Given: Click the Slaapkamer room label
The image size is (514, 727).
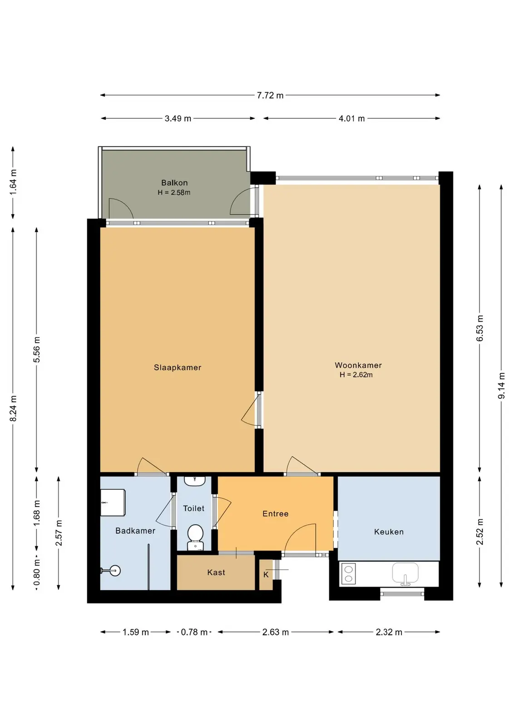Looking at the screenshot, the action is (178, 368).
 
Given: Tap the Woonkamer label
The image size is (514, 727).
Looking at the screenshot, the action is (358, 365).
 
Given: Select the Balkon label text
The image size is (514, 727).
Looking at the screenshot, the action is (174, 183).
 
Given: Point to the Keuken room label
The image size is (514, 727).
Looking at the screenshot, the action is (389, 532).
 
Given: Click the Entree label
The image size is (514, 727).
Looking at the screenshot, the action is (275, 513).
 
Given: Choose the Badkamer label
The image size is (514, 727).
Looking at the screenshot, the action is (135, 531).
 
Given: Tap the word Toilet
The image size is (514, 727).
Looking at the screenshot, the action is (193, 508).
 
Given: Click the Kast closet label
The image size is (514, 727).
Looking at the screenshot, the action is (216, 572).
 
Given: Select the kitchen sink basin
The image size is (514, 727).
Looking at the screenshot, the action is (405, 573).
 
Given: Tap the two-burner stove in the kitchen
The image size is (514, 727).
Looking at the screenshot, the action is (349, 574).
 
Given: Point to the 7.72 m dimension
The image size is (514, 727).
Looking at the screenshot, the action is (270, 95).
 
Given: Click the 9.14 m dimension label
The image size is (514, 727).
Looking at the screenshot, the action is (502, 386).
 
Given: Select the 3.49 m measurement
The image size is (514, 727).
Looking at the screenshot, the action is (178, 119).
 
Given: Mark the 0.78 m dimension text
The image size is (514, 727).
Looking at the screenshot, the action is (194, 632).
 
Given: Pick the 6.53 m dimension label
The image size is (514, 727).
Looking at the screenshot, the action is (480, 328).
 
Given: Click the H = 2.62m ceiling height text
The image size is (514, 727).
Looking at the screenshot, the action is (356, 375).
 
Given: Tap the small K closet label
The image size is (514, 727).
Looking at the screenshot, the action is (266, 575).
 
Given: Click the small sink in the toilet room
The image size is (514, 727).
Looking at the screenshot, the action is (195, 481).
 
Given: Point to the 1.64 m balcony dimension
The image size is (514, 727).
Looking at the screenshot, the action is (13, 182).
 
